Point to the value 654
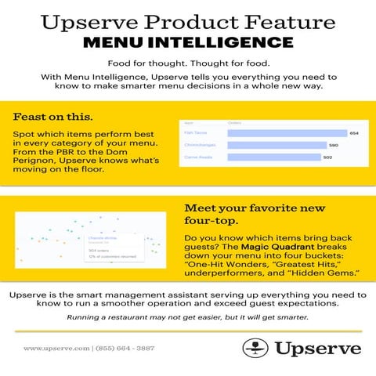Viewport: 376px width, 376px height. coord(353,133)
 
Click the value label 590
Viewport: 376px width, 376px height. coord(333,145)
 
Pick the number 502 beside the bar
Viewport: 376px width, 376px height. coord(327,157)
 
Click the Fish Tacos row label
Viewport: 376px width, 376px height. coord(193,133)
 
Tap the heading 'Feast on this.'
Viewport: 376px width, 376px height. coord(52,116)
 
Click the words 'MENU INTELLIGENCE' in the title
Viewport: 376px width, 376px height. coord(188,42)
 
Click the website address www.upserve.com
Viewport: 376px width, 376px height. coord(57,348)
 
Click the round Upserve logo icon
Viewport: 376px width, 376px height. coord(255,348)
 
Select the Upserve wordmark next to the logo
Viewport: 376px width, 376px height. coord(316,348)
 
